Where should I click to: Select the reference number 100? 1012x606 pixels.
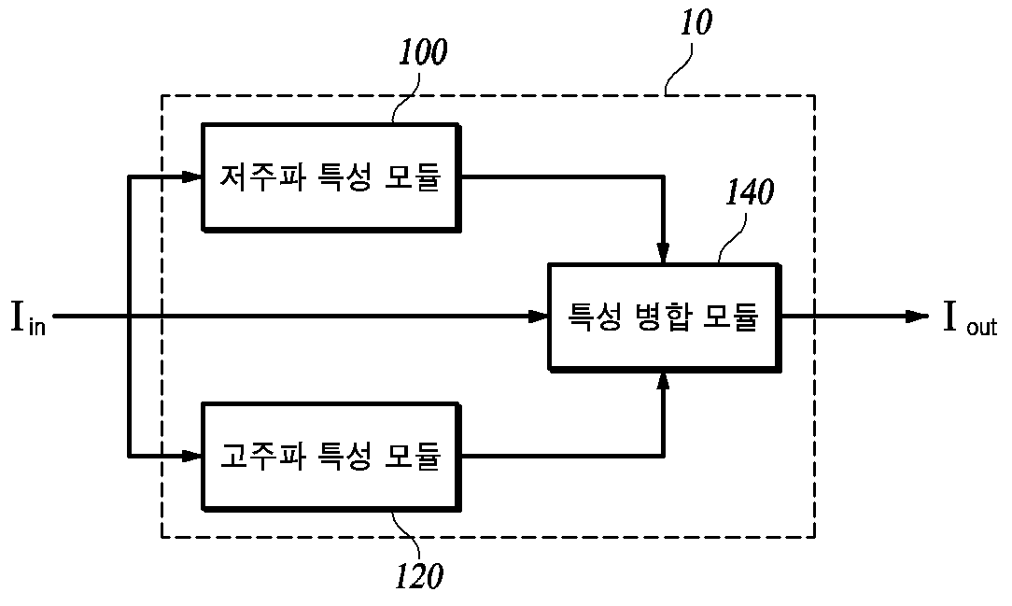click(423, 52)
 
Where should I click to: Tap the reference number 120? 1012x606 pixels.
click(419, 576)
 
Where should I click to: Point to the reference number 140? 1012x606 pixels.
click(750, 192)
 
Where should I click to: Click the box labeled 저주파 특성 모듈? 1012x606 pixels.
click(330, 176)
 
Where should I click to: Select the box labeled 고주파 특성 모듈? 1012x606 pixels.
click(330, 457)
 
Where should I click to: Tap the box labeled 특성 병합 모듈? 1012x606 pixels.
click(664, 317)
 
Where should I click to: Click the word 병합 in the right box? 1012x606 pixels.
click(664, 317)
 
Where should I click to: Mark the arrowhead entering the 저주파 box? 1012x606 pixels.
click(191, 176)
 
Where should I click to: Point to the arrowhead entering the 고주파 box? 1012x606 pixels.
click(191, 457)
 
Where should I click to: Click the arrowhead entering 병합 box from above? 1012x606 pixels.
click(663, 252)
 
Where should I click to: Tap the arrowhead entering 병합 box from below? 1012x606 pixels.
click(663, 382)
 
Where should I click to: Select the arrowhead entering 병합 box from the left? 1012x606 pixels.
click(538, 317)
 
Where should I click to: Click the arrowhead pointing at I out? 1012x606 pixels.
click(917, 317)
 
